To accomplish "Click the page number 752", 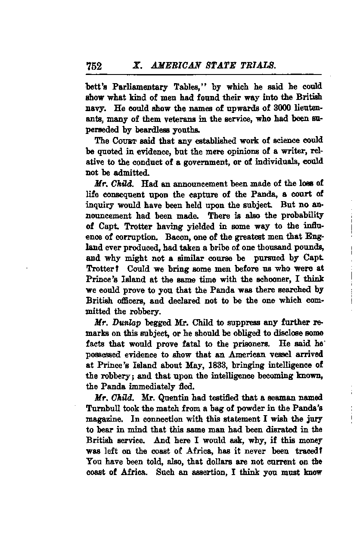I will pos(94,66).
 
